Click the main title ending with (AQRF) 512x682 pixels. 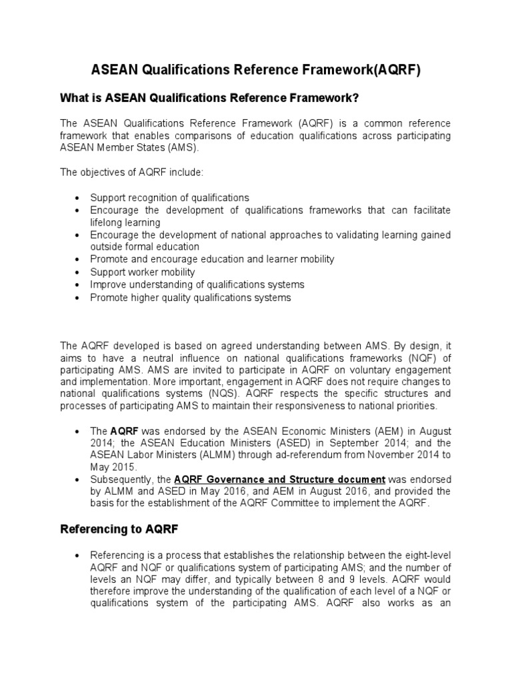[255, 71]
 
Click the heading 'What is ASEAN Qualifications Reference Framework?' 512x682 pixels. [210, 99]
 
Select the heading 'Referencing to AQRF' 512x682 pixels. [118, 529]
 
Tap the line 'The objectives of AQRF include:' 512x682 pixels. [131, 172]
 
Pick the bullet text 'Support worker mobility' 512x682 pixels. [143, 272]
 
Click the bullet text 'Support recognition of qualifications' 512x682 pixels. [169, 198]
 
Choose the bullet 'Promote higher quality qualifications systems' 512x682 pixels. [191, 298]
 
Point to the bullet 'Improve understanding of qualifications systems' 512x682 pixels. [197, 284]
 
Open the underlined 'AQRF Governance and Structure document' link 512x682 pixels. [279, 480]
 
